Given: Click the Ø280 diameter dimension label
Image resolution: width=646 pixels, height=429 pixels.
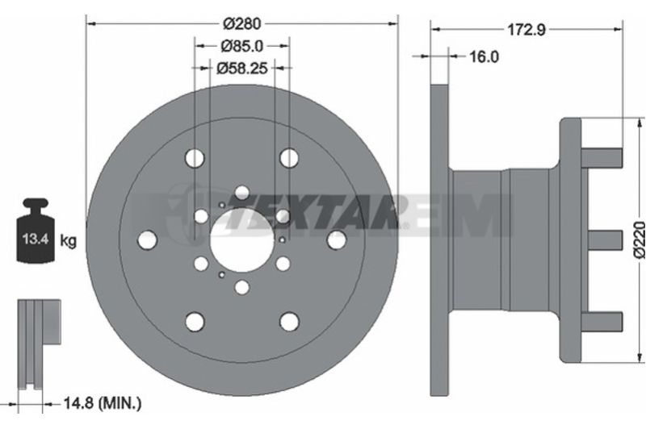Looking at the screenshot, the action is pos(241,24).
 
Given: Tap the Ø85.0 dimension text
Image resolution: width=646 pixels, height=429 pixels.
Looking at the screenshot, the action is pos(241,46).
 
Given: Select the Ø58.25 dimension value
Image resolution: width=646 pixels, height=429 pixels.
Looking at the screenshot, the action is pos(241,68).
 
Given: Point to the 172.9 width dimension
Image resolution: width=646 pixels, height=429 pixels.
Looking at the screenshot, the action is pos(526,29).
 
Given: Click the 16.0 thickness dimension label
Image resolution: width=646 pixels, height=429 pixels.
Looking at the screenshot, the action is pos(484,56).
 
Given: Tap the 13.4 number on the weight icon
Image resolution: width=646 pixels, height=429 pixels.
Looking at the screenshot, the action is pos(36,239).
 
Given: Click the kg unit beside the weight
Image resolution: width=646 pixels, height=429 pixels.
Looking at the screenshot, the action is pos(69,240).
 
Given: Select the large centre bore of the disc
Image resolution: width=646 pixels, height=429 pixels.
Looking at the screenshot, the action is pos(241,240).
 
